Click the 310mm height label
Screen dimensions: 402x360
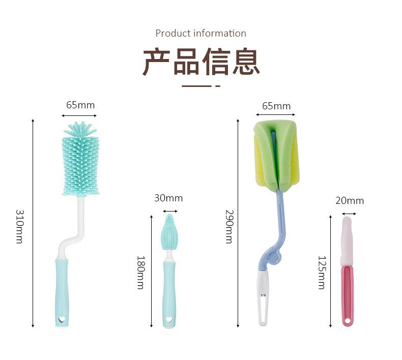click(x=19, y=226)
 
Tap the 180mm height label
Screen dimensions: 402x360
click(x=140, y=272)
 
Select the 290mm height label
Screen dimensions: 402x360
click(x=229, y=226)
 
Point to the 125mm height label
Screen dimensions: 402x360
click(x=321, y=273)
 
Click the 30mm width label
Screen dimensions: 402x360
click(x=168, y=198)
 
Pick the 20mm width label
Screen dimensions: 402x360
click(x=350, y=201)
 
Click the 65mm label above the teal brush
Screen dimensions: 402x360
click(x=80, y=105)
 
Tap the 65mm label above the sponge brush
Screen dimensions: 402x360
click(x=276, y=106)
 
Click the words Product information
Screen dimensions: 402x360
click(x=201, y=34)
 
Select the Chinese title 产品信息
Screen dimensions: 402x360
click(x=201, y=62)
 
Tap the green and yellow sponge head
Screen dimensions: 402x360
click(x=275, y=153)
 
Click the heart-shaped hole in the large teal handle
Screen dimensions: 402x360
click(x=62, y=320)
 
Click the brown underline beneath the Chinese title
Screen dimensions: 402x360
click(x=200, y=86)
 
